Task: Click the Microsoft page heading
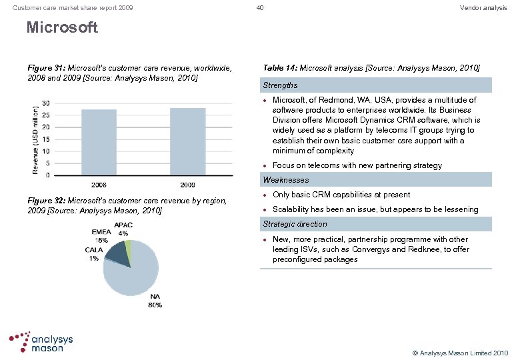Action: click(x=62, y=28)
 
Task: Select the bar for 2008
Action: click(x=99, y=142)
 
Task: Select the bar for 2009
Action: click(x=187, y=141)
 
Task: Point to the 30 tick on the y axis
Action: click(x=45, y=103)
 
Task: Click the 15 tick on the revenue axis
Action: click(x=45, y=139)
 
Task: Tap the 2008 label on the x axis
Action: click(x=99, y=185)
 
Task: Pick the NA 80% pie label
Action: click(x=155, y=301)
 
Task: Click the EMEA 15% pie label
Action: click(x=101, y=236)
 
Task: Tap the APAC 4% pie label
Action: click(x=123, y=229)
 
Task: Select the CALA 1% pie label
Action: click(x=93, y=254)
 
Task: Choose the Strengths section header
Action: click(x=280, y=85)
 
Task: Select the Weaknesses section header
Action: click(x=286, y=180)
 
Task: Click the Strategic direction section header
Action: click(x=295, y=224)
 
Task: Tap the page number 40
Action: click(x=260, y=8)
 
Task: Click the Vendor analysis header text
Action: click(x=483, y=8)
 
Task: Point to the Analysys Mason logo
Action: click(x=41, y=342)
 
